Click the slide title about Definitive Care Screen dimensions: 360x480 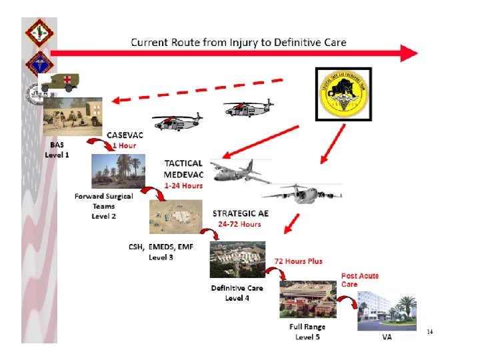(x=238, y=43)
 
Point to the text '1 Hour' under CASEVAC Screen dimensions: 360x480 (x=124, y=145)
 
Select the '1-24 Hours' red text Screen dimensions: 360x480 (x=183, y=185)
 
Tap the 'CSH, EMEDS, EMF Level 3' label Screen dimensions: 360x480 (x=161, y=251)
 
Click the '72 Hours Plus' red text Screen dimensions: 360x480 (x=298, y=261)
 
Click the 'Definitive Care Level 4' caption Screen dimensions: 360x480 (x=237, y=293)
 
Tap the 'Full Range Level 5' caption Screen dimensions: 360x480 (x=307, y=332)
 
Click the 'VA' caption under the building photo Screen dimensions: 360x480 (x=387, y=337)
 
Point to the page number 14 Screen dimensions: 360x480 (x=430, y=331)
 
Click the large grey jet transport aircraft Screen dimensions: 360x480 (x=301, y=193)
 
